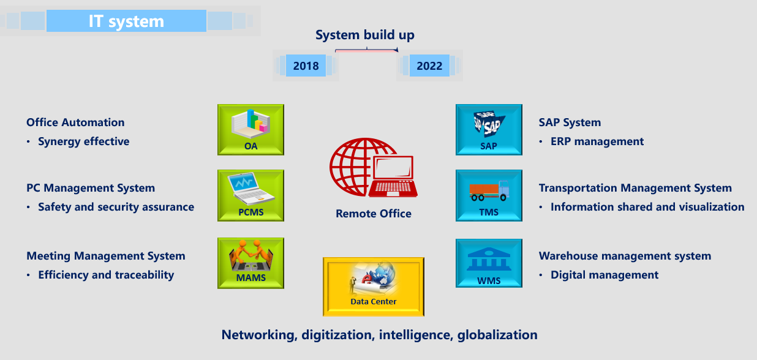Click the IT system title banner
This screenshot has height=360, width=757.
coord(126,21)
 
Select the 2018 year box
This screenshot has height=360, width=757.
coord(306,66)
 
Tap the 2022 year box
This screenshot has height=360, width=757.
coord(429,66)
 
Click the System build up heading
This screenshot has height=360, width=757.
coord(365,35)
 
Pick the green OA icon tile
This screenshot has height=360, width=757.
coord(250,130)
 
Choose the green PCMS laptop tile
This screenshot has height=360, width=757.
coord(250,195)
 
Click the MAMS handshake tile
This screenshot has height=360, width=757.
coord(250,263)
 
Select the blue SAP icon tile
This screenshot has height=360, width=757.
coord(489,130)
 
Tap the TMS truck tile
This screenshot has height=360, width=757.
coord(489,195)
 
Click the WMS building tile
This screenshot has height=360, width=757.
coord(489,263)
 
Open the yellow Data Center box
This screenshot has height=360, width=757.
coord(374,287)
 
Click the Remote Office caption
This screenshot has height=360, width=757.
coord(374,214)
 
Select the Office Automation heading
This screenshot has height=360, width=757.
coord(75,122)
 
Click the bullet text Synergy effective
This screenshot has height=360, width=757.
coord(83,141)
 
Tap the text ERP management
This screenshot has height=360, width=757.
coord(597,141)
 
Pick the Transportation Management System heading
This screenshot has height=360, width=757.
coord(635,188)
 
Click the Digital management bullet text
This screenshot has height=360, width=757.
coord(604,275)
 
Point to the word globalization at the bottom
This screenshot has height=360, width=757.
coord(497,335)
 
